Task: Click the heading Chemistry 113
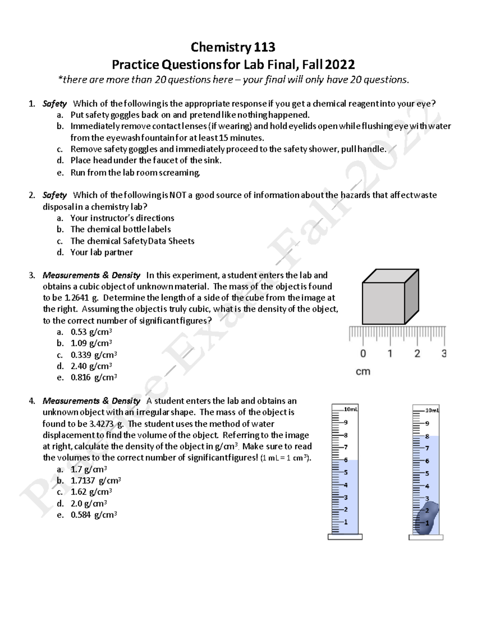point(233,47)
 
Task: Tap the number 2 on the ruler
point(417,353)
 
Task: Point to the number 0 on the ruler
point(363,353)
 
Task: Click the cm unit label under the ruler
point(363,371)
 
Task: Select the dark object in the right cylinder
point(426,518)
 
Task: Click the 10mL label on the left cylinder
point(351,409)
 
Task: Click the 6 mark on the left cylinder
point(346,460)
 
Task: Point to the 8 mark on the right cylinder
point(427,436)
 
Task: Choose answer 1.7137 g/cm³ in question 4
point(95,480)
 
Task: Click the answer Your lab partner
point(101,252)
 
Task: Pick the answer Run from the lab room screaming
point(135,172)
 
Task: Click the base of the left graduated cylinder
point(345,537)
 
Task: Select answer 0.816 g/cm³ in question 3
point(93,377)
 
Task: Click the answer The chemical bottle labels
point(120,229)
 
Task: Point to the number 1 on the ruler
point(390,353)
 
